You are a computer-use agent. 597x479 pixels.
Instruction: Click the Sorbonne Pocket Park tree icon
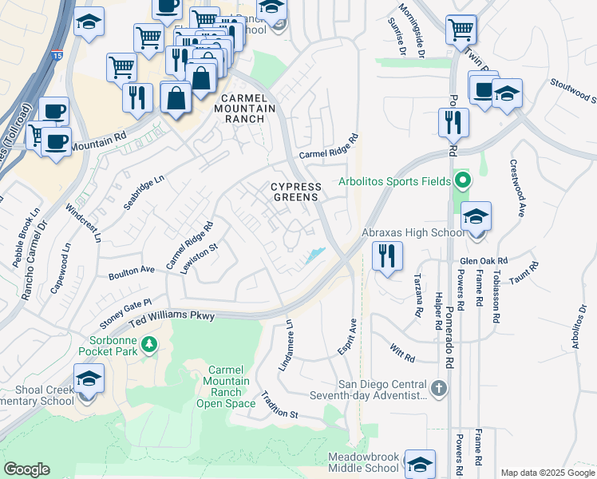pos(149,344)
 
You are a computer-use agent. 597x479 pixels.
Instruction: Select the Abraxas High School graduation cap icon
pos(476,217)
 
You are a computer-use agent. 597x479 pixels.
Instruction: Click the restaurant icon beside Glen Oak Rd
pos(387,256)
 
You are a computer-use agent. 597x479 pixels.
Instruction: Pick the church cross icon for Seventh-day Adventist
pos(438,388)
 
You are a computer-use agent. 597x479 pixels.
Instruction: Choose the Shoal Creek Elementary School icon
pos(89,378)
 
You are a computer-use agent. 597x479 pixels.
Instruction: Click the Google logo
pos(26,469)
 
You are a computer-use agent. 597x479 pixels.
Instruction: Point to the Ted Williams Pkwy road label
pos(173,319)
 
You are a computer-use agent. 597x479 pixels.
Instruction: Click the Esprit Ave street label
pos(351,338)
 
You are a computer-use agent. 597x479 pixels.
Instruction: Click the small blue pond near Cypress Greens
pos(314,256)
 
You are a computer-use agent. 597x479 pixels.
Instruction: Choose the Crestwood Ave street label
pos(517,188)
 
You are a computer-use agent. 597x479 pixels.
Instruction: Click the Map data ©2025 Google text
pos(547,473)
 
